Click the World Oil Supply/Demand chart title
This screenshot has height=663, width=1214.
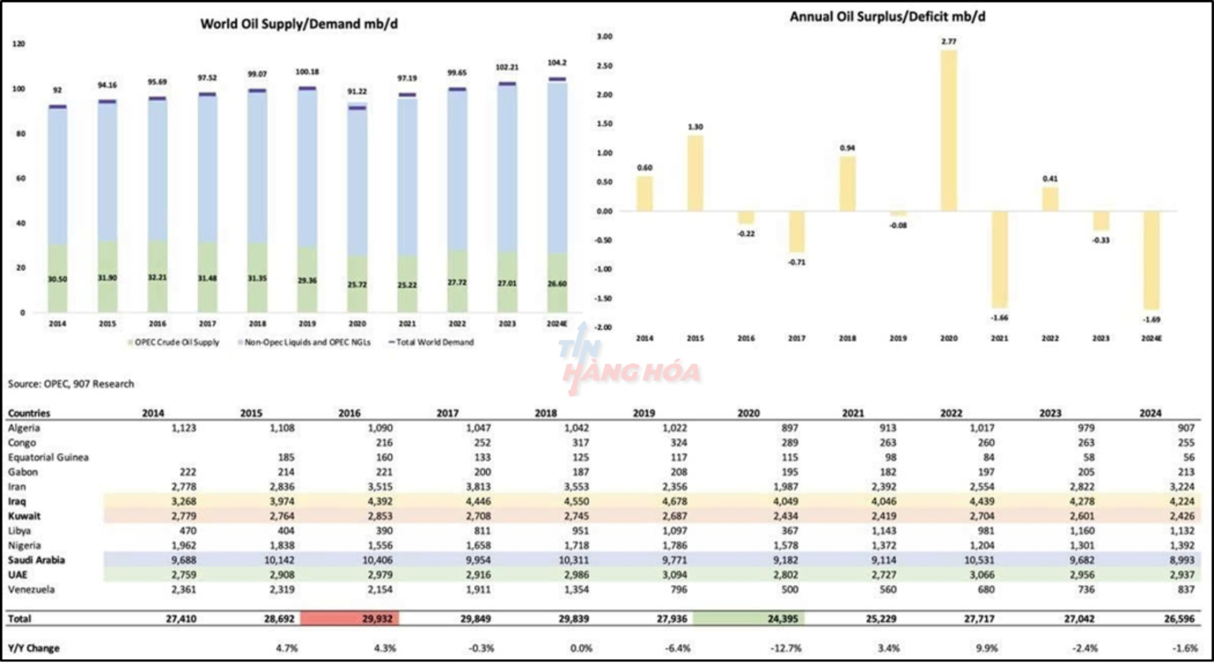[x=299, y=24]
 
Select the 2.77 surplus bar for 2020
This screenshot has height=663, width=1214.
[x=948, y=130]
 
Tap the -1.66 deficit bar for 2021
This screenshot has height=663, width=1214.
[x=1000, y=259]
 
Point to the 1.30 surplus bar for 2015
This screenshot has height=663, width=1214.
[x=695, y=173]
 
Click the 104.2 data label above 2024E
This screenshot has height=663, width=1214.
[x=557, y=63]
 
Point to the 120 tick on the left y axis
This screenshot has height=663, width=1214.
[x=19, y=44]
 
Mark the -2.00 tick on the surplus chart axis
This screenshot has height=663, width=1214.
[x=604, y=327]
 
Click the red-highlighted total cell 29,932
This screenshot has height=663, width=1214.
[x=350, y=619]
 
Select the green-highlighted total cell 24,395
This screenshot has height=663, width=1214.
[x=749, y=619]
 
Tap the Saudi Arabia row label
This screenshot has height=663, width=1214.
[x=36, y=560]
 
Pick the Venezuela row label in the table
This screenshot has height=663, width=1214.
[x=31, y=590]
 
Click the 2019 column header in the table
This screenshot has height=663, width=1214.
[x=644, y=413]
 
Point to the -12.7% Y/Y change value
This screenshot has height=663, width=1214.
[x=786, y=648]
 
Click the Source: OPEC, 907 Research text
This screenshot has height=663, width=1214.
[x=71, y=384]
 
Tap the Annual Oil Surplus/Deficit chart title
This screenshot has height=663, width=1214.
[x=887, y=17]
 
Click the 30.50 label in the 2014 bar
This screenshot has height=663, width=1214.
[x=58, y=279]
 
